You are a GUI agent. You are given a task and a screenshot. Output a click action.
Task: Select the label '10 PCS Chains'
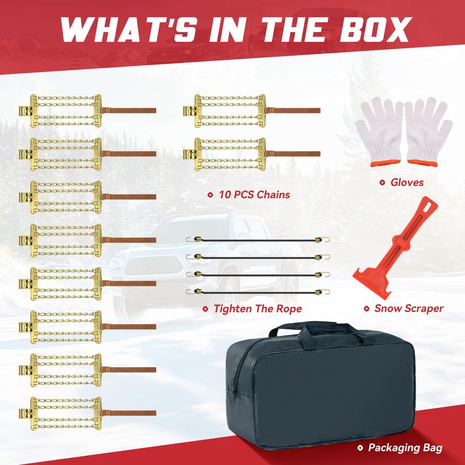click(255, 195)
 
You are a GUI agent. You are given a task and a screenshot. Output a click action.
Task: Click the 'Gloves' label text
click(407, 183)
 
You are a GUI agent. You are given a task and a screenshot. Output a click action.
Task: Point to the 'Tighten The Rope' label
click(257, 309)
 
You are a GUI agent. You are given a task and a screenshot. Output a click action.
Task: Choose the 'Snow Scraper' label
click(409, 309)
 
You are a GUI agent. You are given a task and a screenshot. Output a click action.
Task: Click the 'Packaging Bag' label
click(405, 448)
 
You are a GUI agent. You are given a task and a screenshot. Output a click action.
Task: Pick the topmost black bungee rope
click(258, 239)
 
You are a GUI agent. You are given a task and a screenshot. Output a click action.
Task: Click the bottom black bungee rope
click(258, 292)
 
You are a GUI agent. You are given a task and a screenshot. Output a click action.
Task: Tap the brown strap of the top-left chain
click(128, 110)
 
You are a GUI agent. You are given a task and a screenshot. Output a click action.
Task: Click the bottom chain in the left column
click(88, 413)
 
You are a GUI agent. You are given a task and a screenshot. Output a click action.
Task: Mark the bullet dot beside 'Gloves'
click(382, 183)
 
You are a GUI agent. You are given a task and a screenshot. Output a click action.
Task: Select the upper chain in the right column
click(252, 111)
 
